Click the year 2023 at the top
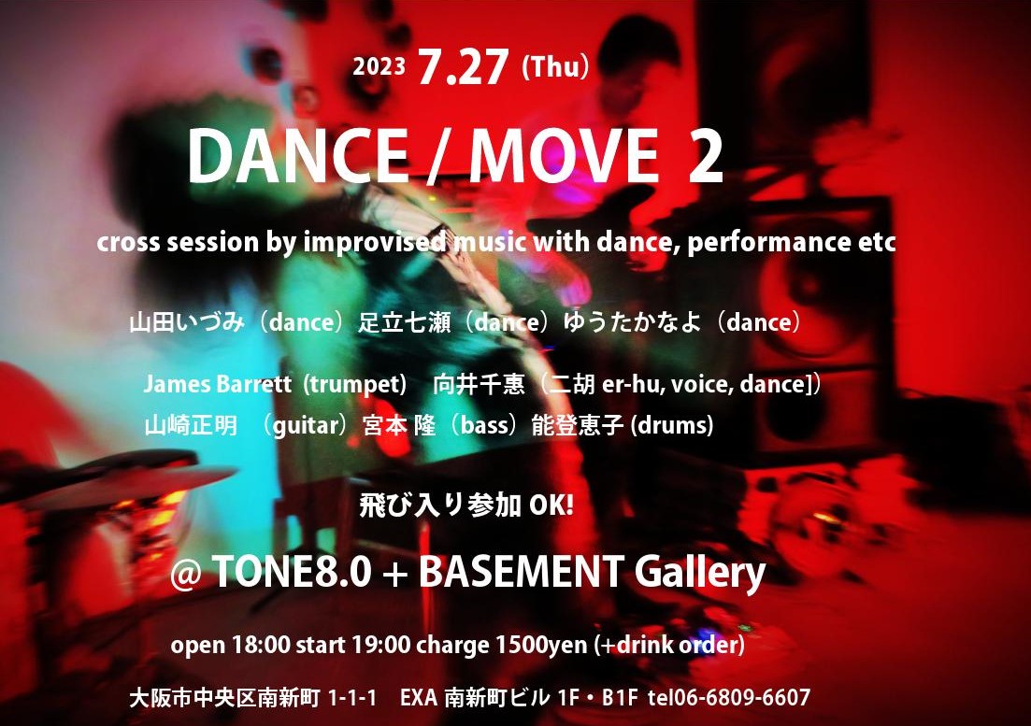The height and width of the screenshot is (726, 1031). pos(379,67)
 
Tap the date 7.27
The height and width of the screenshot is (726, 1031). pos(463,67)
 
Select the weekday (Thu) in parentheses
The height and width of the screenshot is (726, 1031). pos(555,67)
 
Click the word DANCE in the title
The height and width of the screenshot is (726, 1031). pos(298,156)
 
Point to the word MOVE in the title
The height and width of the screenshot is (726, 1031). pos(564,156)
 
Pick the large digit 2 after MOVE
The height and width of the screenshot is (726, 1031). pos(706,156)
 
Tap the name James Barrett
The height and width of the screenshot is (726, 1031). pos(218,384)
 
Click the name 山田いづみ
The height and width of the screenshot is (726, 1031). pos(187,322)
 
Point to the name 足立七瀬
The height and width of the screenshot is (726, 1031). pos(404,322)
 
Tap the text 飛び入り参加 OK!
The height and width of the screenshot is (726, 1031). pos(466,505)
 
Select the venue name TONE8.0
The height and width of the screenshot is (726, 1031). pos(292,571)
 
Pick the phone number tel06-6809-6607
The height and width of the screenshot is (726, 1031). pos(728,697)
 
